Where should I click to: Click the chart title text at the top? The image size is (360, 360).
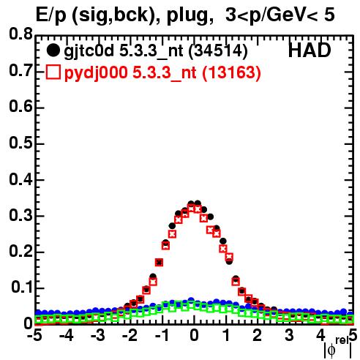[x=185, y=15]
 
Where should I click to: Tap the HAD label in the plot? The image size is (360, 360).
[x=310, y=50]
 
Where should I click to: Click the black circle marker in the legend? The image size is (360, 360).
[x=53, y=50]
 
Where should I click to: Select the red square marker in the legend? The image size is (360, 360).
[x=53, y=72]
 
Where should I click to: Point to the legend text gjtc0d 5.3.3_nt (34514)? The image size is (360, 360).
[x=156, y=52]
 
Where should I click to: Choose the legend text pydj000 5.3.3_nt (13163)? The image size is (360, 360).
[x=162, y=73]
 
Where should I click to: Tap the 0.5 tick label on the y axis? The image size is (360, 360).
[x=20, y=143]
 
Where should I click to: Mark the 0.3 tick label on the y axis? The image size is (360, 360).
[x=20, y=215]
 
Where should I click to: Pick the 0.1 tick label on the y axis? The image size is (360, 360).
[x=21, y=288]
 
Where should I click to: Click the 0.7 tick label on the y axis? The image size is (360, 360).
[x=20, y=70]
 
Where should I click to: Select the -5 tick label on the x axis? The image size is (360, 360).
[x=34, y=335]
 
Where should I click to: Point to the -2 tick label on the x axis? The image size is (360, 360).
[x=130, y=335]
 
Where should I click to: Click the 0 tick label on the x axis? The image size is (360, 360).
[x=194, y=335]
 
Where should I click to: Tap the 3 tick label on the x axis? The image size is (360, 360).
[x=289, y=335]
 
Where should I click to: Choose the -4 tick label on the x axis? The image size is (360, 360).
[x=66, y=335]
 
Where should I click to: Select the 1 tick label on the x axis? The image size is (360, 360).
[x=227, y=335]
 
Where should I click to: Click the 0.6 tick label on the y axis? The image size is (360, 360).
[x=20, y=106]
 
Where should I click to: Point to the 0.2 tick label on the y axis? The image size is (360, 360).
[x=20, y=251]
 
